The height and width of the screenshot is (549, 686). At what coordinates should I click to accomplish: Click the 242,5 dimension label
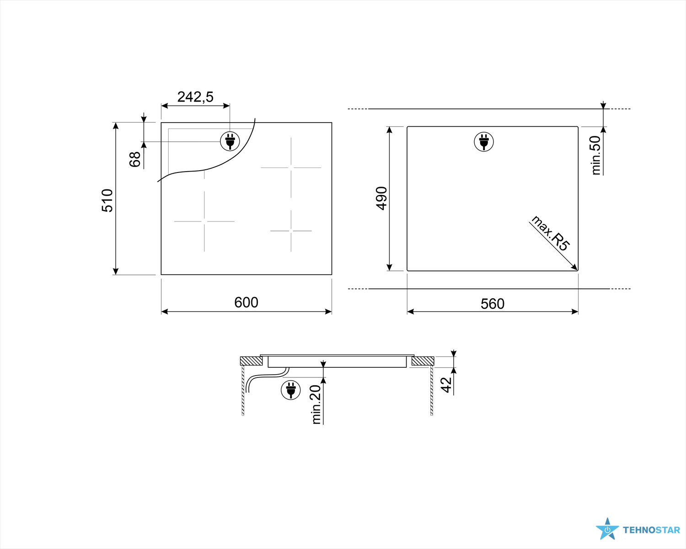(x=195, y=97)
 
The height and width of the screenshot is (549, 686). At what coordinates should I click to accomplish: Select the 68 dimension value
(x=135, y=159)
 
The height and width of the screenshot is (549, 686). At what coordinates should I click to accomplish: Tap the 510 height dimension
(x=107, y=200)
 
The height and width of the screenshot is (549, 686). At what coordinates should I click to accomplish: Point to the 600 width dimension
(x=246, y=302)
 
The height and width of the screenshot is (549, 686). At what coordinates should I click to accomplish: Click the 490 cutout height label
(x=381, y=199)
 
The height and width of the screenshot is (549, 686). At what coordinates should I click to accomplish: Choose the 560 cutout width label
(x=493, y=304)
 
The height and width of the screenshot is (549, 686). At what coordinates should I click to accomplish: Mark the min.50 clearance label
(x=595, y=156)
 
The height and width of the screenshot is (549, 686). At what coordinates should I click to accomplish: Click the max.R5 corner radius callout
(x=550, y=233)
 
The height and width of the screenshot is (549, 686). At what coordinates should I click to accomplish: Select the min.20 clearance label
(x=316, y=404)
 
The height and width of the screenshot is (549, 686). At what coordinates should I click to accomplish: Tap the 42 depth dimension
(x=446, y=385)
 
